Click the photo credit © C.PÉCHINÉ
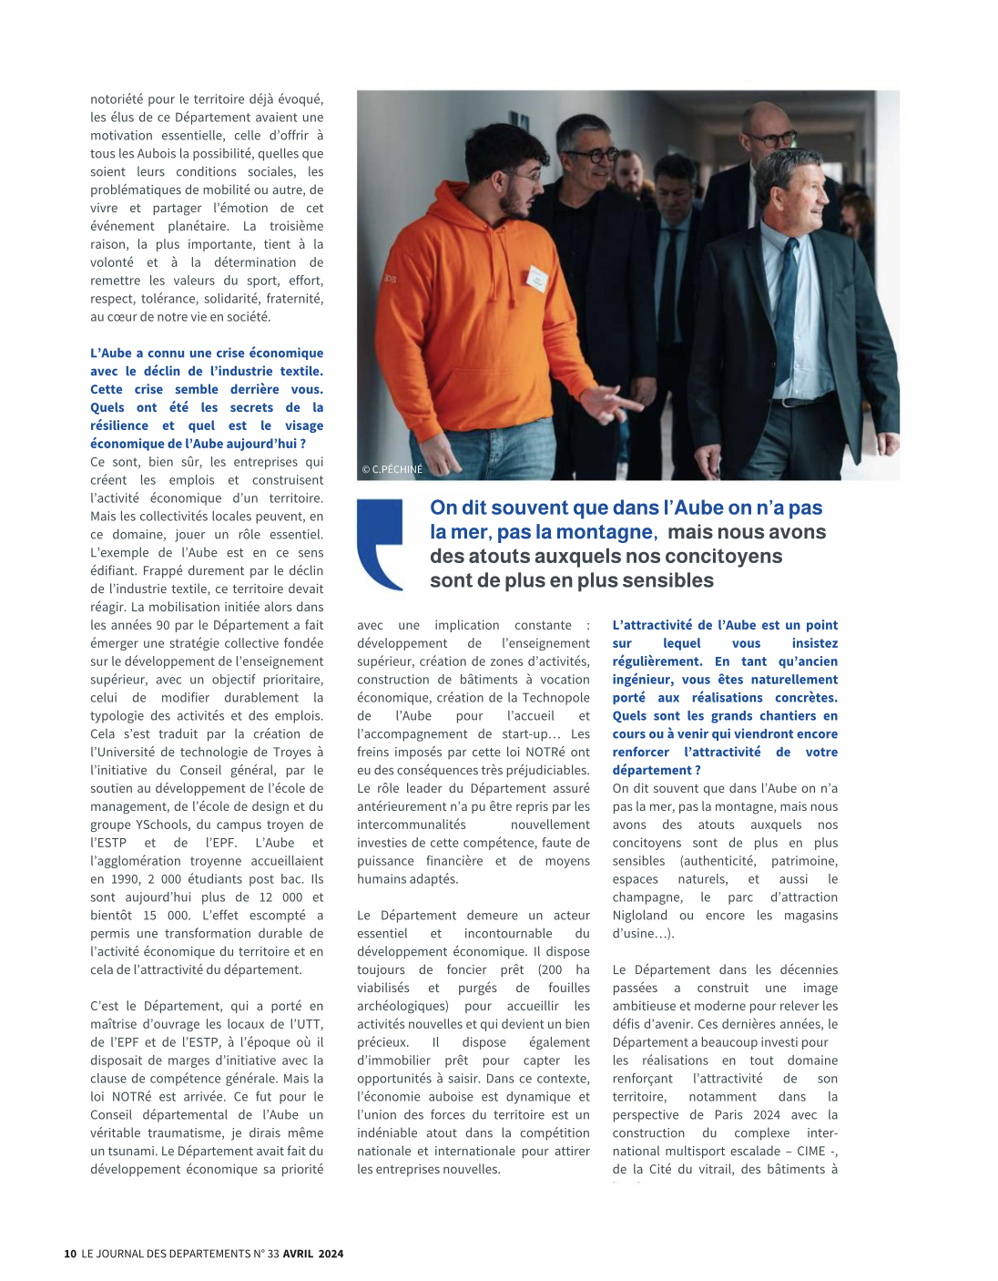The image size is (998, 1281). click(392, 469)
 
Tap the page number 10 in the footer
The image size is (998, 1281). click(70, 1254)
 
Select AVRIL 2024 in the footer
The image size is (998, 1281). click(313, 1254)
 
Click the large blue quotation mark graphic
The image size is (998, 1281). click(380, 544)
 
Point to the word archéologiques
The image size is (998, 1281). click(402, 1006)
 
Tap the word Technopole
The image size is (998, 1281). click(555, 697)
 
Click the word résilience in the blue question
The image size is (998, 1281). click(119, 425)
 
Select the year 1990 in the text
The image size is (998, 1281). click(126, 878)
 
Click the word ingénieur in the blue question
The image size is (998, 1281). click(643, 679)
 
